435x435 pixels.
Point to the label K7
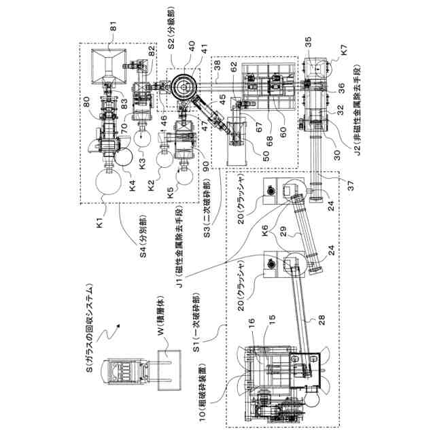[x=344, y=49]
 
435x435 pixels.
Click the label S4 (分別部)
[x=143, y=236]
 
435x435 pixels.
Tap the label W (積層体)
[x=162, y=315]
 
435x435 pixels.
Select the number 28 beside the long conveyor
[x=321, y=319]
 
